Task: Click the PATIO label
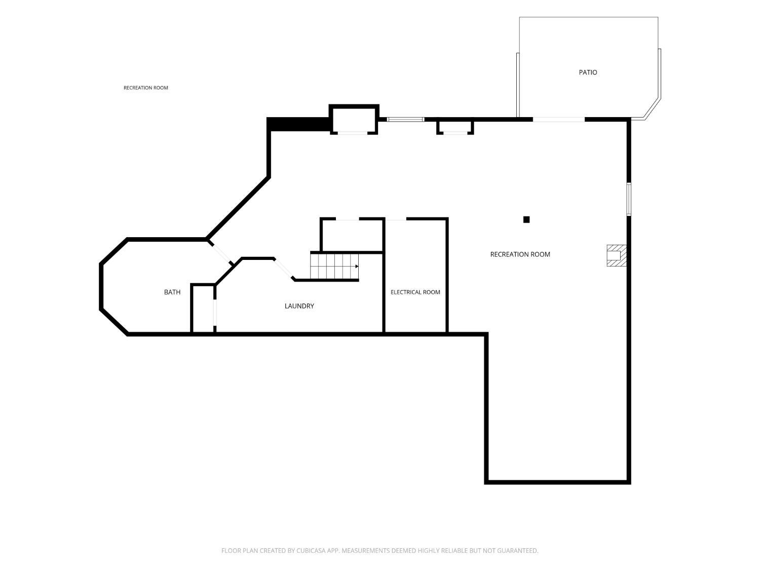tap(588, 72)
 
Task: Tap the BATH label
tap(172, 292)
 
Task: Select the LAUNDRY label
tap(299, 306)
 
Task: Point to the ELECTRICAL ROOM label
tap(415, 292)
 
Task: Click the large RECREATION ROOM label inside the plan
tap(520, 254)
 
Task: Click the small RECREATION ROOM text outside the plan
tap(146, 88)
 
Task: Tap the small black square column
tap(526, 219)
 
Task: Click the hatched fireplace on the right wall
tap(616, 255)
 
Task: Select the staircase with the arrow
tap(334, 266)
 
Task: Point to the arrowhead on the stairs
tap(357, 266)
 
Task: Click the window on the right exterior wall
tap(628, 199)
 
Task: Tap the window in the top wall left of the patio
tap(405, 120)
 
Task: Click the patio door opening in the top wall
tap(558, 120)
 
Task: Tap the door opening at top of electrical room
tap(396, 219)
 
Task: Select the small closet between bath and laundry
tap(203, 309)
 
